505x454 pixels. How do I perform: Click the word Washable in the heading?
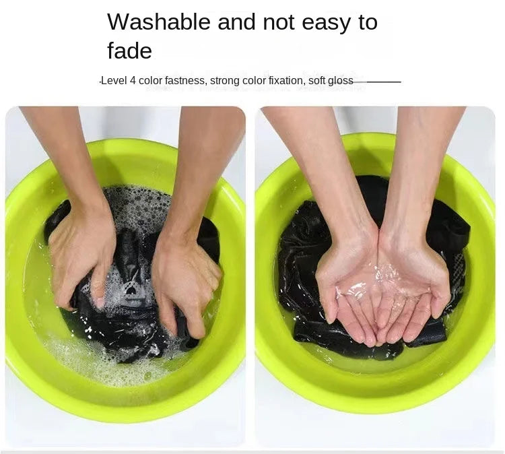tap(159, 22)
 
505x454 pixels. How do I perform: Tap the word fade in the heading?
tap(129, 51)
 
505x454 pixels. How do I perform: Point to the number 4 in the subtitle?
tap(133, 80)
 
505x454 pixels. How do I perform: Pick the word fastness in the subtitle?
tap(185, 80)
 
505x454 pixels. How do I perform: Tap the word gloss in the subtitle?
tap(341, 81)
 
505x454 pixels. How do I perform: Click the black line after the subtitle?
tap(377, 82)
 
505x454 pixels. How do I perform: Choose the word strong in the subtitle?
tap(224, 81)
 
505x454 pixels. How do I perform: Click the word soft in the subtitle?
tap(316, 80)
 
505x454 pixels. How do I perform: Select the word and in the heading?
tap(236, 22)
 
